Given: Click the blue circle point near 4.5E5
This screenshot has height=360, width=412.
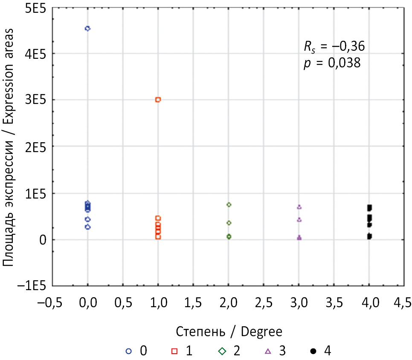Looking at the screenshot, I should pyautogui.click(x=87, y=29).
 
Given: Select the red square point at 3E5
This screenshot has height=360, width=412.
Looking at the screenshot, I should pyautogui.click(x=158, y=100).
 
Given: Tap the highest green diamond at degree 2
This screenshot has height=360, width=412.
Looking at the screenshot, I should pyautogui.click(x=229, y=205).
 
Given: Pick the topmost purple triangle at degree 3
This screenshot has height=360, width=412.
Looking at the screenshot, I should pyautogui.click(x=299, y=207).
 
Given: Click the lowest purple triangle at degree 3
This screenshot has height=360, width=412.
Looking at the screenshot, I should pyautogui.click(x=299, y=238).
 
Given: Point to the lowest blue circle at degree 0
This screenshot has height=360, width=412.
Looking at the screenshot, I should pyautogui.click(x=87, y=227).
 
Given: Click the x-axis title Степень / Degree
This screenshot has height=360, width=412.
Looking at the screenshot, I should pyautogui.click(x=229, y=331).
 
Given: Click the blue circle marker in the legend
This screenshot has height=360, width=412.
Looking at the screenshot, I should pyautogui.click(x=129, y=351).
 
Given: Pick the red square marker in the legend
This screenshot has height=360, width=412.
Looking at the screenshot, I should pyautogui.click(x=174, y=351).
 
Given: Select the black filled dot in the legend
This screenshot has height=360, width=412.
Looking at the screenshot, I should pyautogui.click(x=313, y=351).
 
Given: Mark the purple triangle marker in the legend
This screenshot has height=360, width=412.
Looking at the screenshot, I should pyautogui.click(x=268, y=351).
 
